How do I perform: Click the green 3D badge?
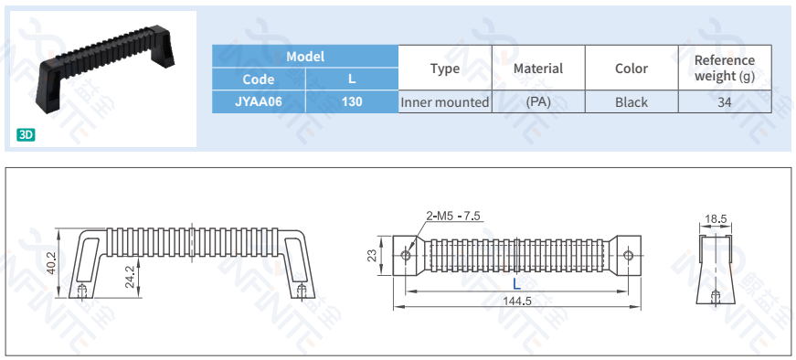coord(26,135)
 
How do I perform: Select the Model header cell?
coord(305,57)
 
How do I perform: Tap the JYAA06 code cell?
coord(259,101)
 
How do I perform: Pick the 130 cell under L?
coord(352,101)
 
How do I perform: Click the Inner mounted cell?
coord(445,102)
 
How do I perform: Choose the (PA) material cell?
coord(538,102)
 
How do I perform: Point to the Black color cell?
coord(631,102)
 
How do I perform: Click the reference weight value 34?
coord(725,102)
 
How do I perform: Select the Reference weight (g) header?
coord(725,68)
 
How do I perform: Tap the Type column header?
coord(445,68)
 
